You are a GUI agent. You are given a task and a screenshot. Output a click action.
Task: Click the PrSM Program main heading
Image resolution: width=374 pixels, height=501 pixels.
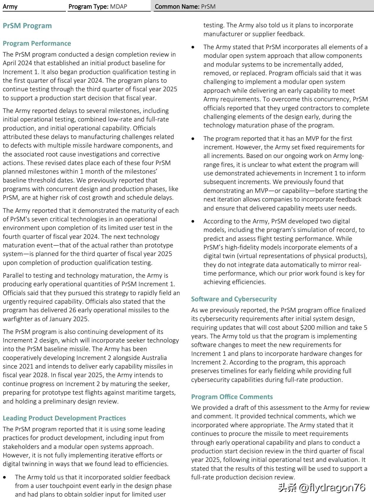pyautogui.click(x=27, y=26)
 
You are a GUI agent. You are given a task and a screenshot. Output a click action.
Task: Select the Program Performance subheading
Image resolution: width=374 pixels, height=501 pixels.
pyautogui.click(x=37, y=43)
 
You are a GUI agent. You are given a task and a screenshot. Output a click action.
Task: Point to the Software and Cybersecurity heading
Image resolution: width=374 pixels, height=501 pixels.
pyautogui.click(x=234, y=299)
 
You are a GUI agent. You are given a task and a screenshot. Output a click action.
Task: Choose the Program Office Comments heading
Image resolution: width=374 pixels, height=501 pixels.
pyautogui.click(x=232, y=397)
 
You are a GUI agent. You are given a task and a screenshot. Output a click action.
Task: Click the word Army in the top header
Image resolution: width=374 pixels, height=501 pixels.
pyautogui.click(x=10, y=7)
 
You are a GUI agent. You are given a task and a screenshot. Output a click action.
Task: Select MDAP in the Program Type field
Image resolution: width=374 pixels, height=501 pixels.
pyautogui.click(x=118, y=7)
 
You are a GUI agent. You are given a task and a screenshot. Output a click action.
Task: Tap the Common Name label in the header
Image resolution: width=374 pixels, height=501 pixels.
pyautogui.click(x=177, y=7)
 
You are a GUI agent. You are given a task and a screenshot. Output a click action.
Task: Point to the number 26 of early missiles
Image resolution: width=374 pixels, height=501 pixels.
pyautogui.click(x=74, y=310)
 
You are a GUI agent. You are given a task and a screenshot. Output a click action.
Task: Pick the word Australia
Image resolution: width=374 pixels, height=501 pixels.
pyautogui.click(x=153, y=358)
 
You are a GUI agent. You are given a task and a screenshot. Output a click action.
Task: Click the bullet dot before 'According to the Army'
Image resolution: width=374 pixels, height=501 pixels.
pyautogui.click(x=194, y=221)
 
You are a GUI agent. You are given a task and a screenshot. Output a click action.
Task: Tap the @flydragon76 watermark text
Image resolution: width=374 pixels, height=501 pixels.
pyautogui.click(x=332, y=487)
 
